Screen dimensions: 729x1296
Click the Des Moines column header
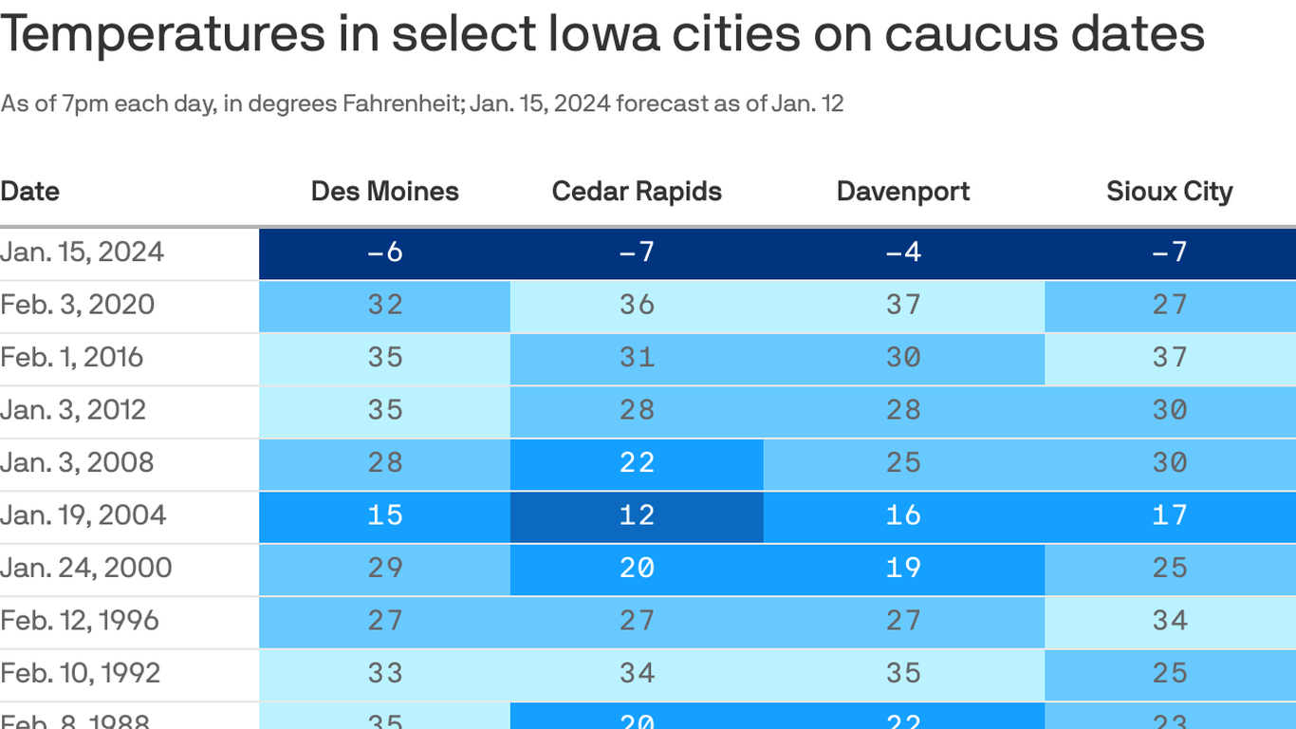(x=384, y=192)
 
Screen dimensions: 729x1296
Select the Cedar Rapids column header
(x=637, y=192)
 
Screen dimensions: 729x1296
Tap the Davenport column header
(x=903, y=192)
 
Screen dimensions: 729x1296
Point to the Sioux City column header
(x=1169, y=192)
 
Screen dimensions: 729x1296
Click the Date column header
(x=30, y=192)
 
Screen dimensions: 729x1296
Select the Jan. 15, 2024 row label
(x=83, y=252)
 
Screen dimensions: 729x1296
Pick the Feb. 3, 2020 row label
(x=78, y=305)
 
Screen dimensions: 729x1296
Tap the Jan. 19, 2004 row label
(x=83, y=515)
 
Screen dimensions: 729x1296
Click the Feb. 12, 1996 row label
(x=80, y=621)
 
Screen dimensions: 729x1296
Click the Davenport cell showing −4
(x=903, y=252)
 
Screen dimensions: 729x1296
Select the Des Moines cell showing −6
(x=384, y=252)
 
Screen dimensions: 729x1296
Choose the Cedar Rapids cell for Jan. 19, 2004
(x=637, y=515)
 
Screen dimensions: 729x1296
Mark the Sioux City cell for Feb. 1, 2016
(x=1169, y=358)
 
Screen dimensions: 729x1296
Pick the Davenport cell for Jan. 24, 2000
(x=903, y=568)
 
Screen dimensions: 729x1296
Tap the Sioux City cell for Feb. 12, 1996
(x=1169, y=621)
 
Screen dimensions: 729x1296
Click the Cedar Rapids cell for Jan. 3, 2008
(x=637, y=463)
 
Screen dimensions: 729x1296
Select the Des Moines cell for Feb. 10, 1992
(x=384, y=673)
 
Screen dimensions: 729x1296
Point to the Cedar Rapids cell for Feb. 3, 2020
(x=637, y=305)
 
